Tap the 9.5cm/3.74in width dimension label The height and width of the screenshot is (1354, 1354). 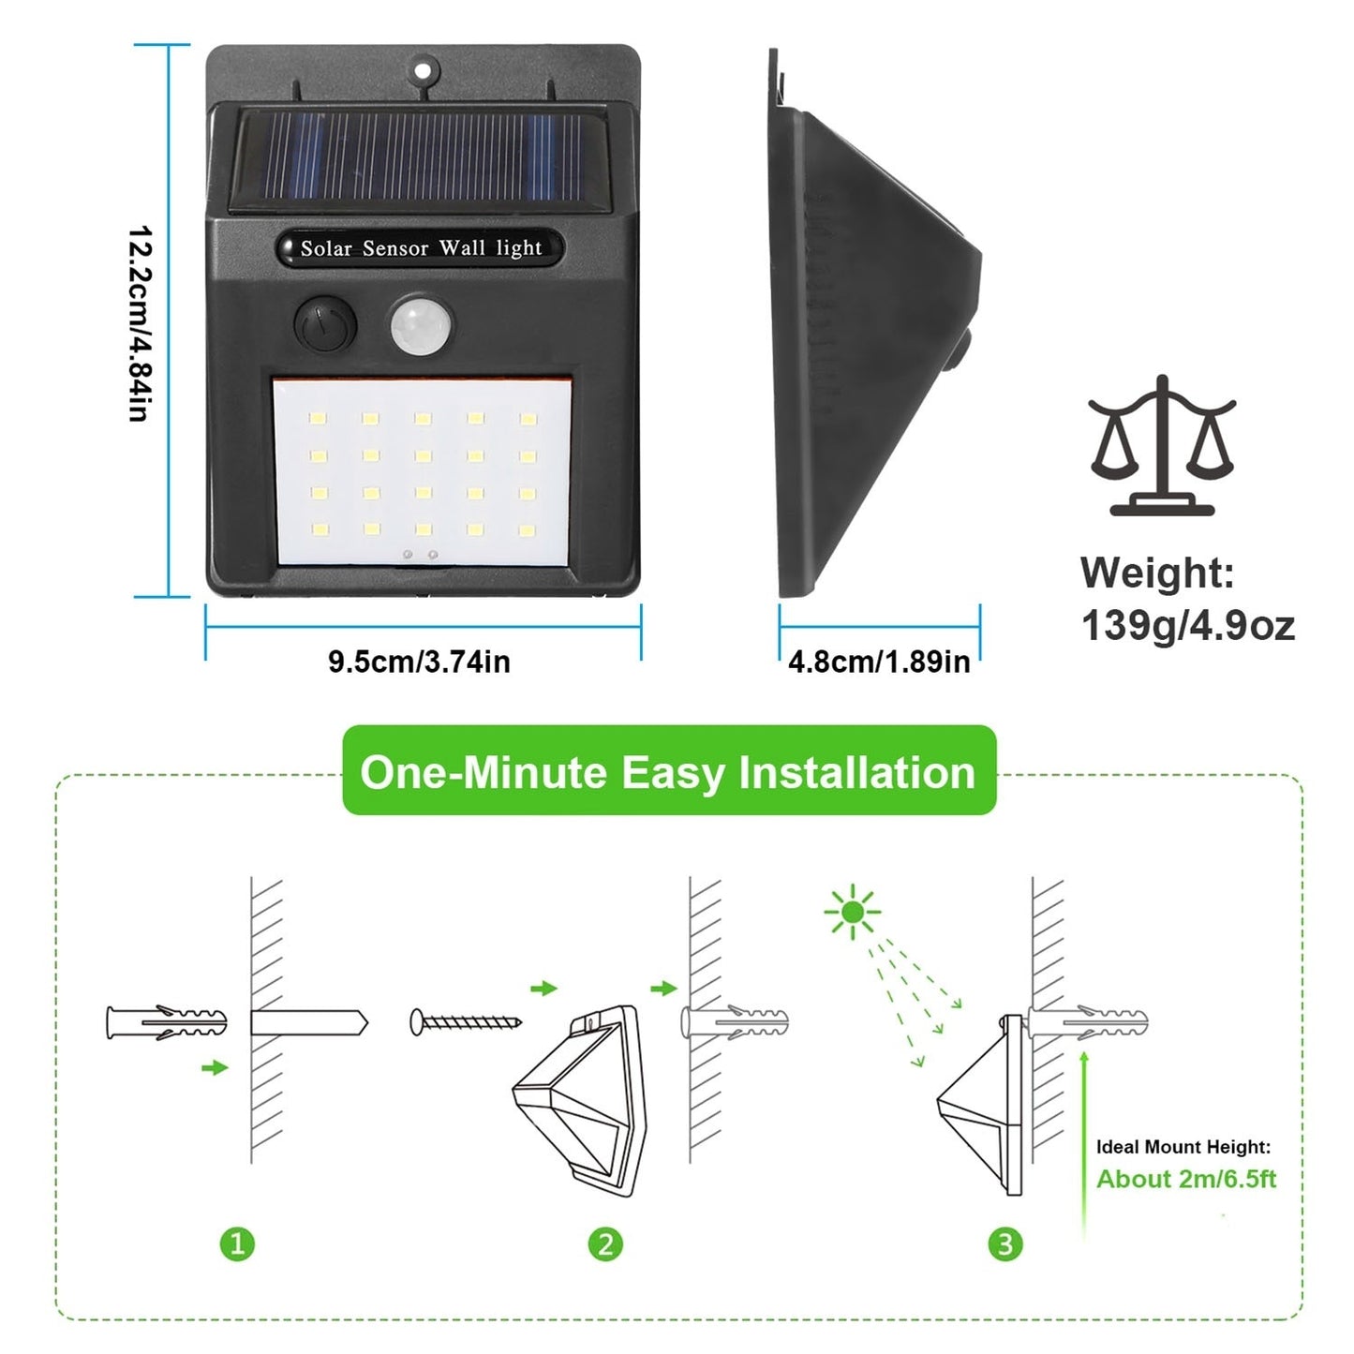[419, 662]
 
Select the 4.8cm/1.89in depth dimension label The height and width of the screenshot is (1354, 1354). [879, 662]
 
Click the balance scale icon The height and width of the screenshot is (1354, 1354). [1162, 446]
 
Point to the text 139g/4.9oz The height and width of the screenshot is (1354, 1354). [1187, 625]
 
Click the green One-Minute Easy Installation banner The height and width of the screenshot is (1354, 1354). [668, 772]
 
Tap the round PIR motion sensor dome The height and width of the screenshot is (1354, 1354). [421, 325]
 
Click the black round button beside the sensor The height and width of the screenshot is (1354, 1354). [325, 325]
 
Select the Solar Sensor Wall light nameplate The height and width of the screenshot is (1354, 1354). [421, 248]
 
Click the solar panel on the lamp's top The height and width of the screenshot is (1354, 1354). [421, 156]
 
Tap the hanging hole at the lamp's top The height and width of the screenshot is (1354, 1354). [425, 69]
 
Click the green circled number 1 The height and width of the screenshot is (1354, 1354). [237, 1243]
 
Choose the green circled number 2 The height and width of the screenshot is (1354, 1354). [605, 1243]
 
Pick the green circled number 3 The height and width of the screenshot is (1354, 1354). [1005, 1243]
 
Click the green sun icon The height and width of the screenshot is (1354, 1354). [852, 911]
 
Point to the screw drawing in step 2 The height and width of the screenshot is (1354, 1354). [466, 1021]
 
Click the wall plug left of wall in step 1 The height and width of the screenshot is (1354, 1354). [167, 1022]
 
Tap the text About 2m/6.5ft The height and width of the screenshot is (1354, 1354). [1186, 1179]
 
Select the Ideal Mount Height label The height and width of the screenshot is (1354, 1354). [1183, 1147]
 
